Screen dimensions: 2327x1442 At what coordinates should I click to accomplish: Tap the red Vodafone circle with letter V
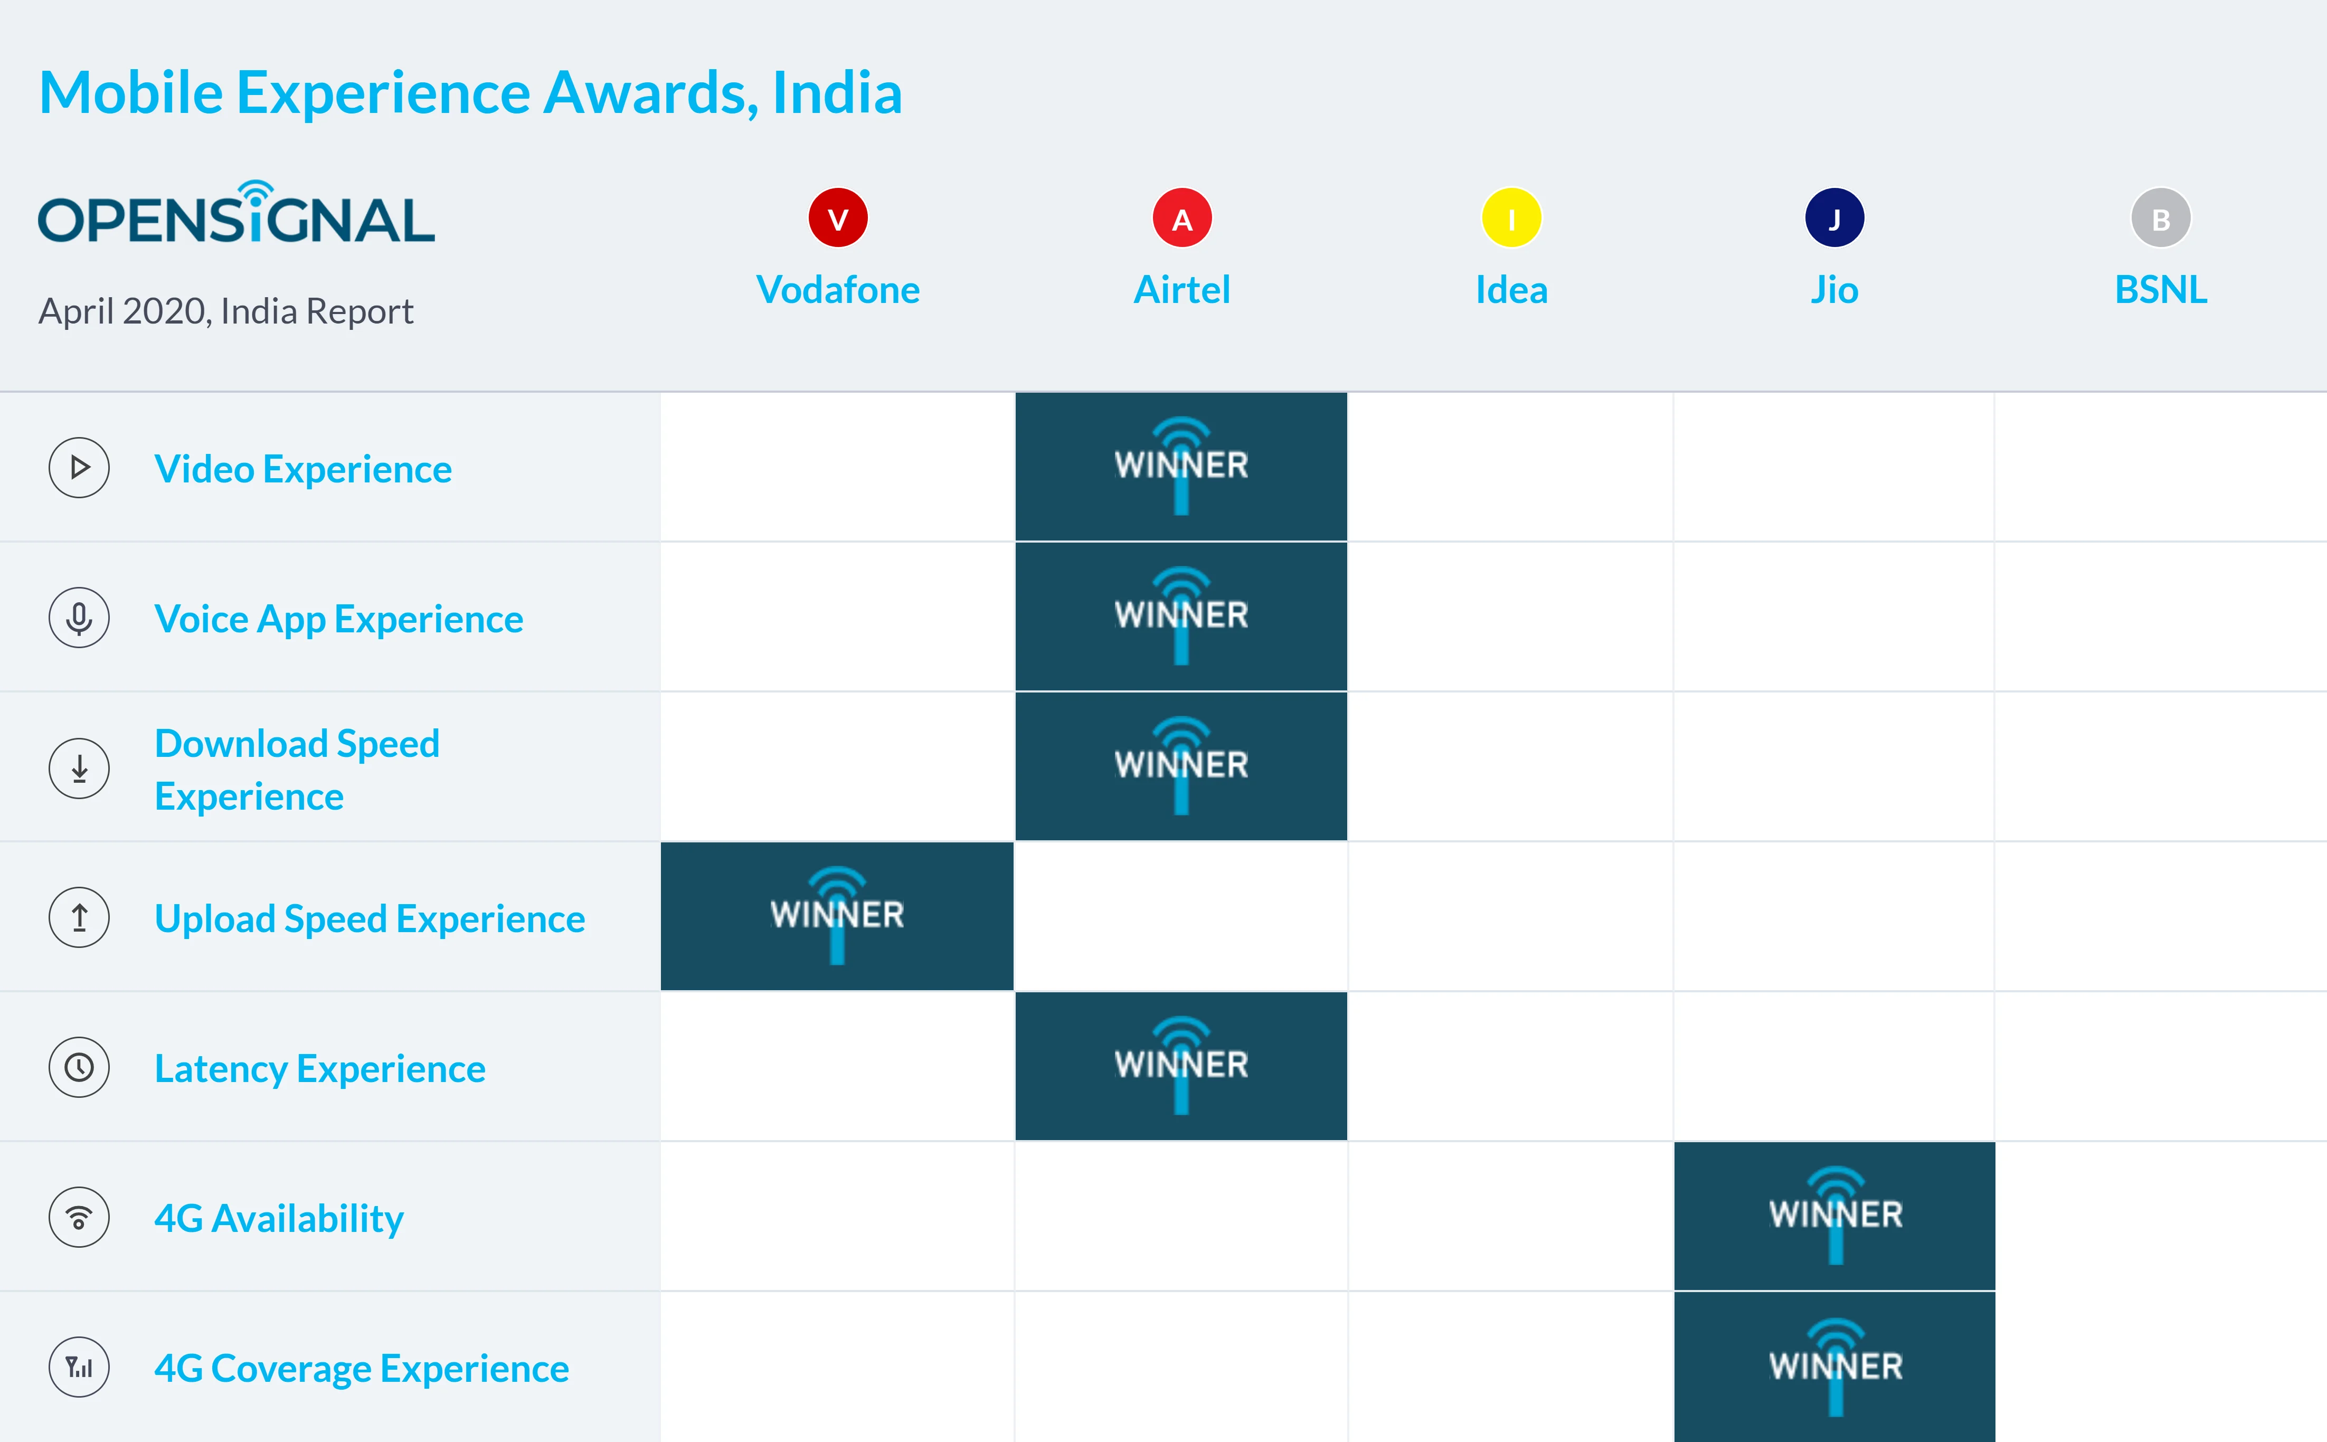pos(837,219)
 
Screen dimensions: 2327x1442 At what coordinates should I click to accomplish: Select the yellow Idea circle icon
pos(1511,219)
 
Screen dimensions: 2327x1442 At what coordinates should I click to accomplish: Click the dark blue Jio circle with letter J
pos(1834,219)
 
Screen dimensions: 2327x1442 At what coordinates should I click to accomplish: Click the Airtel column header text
pos(1181,290)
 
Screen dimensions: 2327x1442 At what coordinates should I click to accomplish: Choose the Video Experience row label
pos(303,469)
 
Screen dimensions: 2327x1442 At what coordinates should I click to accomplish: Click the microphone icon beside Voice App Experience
pos(79,618)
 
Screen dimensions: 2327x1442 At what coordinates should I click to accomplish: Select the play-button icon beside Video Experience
pos(79,467)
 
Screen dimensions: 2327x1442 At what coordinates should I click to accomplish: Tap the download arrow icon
pos(79,768)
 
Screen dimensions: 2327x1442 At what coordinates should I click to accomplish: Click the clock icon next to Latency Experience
pos(79,1067)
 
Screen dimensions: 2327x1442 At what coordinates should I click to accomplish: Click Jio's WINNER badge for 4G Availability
pos(1834,1216)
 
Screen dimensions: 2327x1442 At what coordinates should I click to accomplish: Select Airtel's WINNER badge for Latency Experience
pos(1181,1066)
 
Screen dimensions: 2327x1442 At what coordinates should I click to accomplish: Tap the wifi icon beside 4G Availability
pos(79,1217)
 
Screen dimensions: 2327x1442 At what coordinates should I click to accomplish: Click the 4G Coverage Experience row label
pos(362,1369)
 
